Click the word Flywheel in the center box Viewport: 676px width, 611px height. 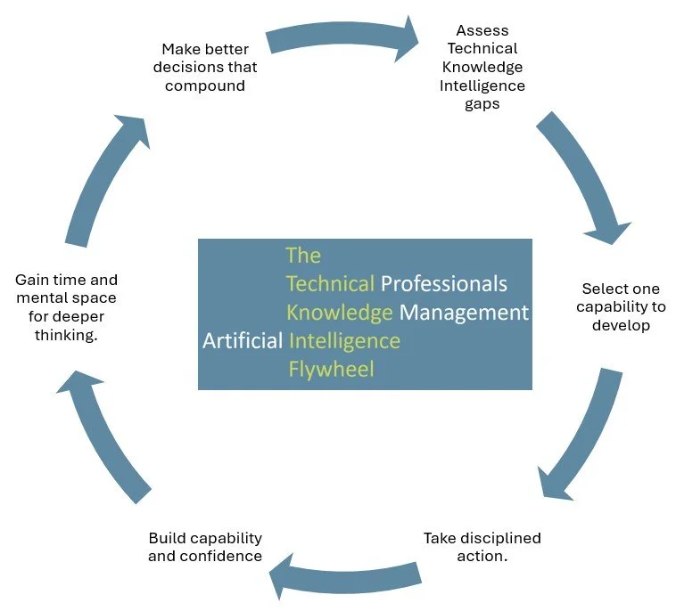click(x=331, y=369)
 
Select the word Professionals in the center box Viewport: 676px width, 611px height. click(x=444, y=284)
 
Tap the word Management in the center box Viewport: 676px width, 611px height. click(x=464, y=313)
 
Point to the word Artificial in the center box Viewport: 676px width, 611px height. click(x=243, y=341)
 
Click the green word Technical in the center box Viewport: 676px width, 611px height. click(x=330, y=284)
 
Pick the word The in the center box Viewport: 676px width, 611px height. click(x=303, y=256)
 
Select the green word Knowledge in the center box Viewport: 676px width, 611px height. click(x=340, y=313)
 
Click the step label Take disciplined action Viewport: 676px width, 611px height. click(x=482, y=547)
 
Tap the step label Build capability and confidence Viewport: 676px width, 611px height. click(x=205, y=547)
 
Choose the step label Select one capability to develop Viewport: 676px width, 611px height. click(x=621, y=306)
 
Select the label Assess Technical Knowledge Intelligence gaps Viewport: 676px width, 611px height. click(x=482, y=68)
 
